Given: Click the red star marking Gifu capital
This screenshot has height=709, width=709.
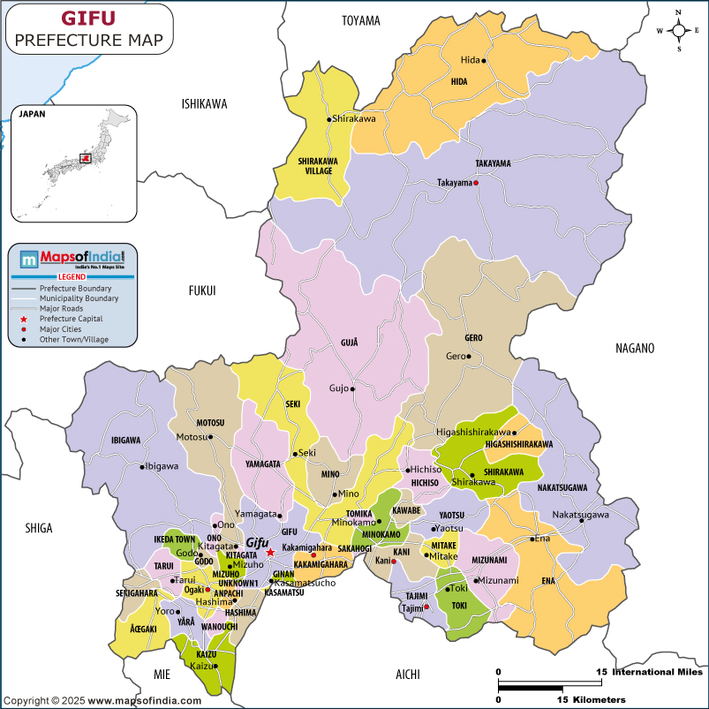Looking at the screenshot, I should coord(271,552).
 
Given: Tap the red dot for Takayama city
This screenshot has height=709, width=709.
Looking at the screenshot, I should coord(476,183).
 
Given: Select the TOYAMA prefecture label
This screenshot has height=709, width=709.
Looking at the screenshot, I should coord(360,20).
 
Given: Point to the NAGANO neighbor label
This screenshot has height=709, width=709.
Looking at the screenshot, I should coord(635,348).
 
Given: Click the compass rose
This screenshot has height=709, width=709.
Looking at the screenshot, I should coord(678,30).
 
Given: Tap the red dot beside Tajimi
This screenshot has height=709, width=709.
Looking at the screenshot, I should coord(426,607).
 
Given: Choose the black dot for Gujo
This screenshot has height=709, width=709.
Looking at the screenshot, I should coord(352,388).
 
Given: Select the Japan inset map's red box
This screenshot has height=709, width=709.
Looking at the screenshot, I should coord(86,158).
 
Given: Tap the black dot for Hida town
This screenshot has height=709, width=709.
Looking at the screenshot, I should coord(484,61).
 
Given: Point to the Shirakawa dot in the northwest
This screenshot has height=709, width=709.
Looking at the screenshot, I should coord(329,119).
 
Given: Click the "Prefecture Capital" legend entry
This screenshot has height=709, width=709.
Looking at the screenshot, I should coord(72,318).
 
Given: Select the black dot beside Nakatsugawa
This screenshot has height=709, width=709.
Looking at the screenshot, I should coord(582,520).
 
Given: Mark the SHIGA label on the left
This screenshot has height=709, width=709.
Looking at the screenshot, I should coord(38,528).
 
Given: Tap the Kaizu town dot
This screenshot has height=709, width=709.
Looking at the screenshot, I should coord(215,666).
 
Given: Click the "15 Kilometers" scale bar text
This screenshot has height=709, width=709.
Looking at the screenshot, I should coord(591,699).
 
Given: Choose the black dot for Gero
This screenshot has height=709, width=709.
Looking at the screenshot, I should coord(469,357).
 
